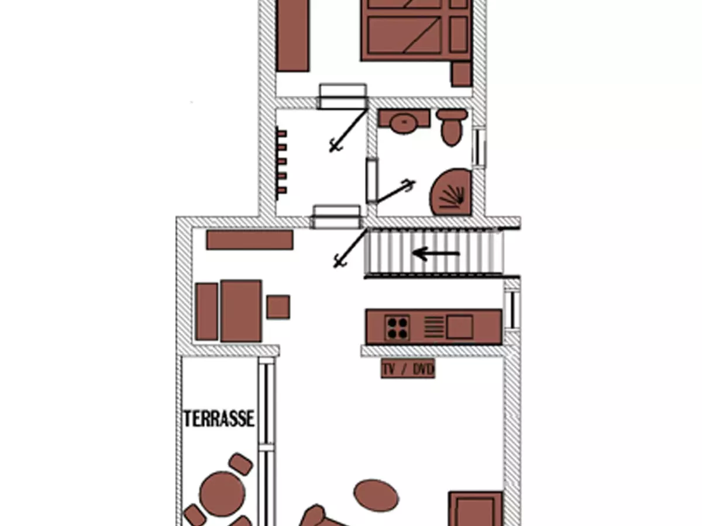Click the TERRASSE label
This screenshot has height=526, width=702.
219,418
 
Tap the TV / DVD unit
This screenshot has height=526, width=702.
408,369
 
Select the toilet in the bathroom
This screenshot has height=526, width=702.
451,127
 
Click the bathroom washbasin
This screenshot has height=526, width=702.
404,122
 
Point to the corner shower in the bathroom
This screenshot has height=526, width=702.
451,192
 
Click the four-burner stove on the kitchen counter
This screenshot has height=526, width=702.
397,328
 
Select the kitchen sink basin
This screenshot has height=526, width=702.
460,327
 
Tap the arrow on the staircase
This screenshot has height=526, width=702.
436,254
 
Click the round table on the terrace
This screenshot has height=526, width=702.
222,494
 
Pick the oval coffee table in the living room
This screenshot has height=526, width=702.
376,496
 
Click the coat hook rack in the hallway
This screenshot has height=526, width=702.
281,164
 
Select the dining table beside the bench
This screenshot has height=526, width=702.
241,311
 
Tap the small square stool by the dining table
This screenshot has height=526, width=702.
278,307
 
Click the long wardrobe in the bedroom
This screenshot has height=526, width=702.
293,35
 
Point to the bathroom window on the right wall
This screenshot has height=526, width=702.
479,147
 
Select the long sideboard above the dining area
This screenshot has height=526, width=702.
250,240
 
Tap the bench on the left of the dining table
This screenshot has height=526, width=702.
207,312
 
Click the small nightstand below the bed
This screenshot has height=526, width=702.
462,74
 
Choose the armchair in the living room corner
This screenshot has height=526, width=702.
476,508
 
